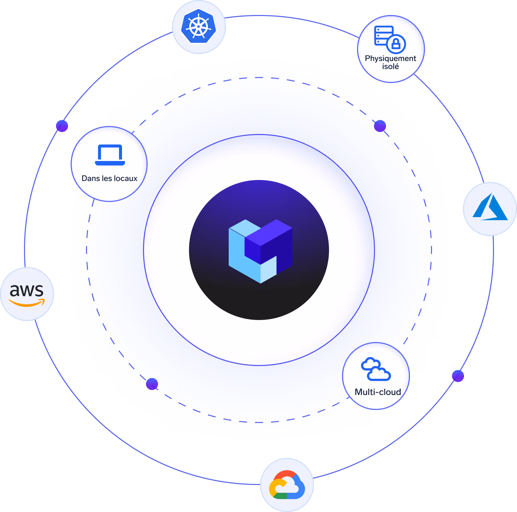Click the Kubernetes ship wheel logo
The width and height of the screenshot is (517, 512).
[x=199, y=26]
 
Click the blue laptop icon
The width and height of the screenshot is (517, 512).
[x=110, y=155]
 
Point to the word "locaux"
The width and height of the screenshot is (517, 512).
[x=125, y=178]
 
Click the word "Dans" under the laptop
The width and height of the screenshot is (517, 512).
[x=91, y=178]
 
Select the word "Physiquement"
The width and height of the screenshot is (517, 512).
[x=391, y=59]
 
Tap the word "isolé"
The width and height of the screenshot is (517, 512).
[x=391, y=66]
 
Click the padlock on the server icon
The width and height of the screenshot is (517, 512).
[x=396, y=44]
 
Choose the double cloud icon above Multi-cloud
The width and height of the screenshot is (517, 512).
[x=376, y=369]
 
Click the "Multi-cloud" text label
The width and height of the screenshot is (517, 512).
[x=378, y=392]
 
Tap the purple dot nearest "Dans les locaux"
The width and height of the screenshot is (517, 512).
[x=62, y=126]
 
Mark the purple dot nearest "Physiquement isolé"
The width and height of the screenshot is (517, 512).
[x=380, y=126]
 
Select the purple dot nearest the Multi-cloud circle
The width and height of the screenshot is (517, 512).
[x=458, y=376]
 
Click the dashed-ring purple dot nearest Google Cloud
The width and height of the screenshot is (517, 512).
[x=152, y=384]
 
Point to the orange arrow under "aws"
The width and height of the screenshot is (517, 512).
[x=27, y=303]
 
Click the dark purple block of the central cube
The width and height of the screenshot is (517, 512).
[x=269, y=245]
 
